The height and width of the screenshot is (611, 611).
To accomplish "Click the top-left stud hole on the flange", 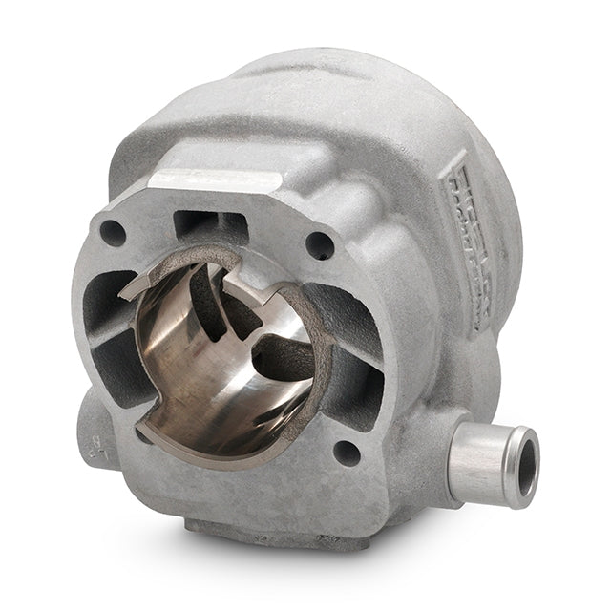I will [113, 232].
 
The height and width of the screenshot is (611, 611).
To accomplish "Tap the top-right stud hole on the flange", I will [320, 245].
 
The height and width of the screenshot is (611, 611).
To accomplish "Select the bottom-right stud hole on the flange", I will [346, 453].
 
